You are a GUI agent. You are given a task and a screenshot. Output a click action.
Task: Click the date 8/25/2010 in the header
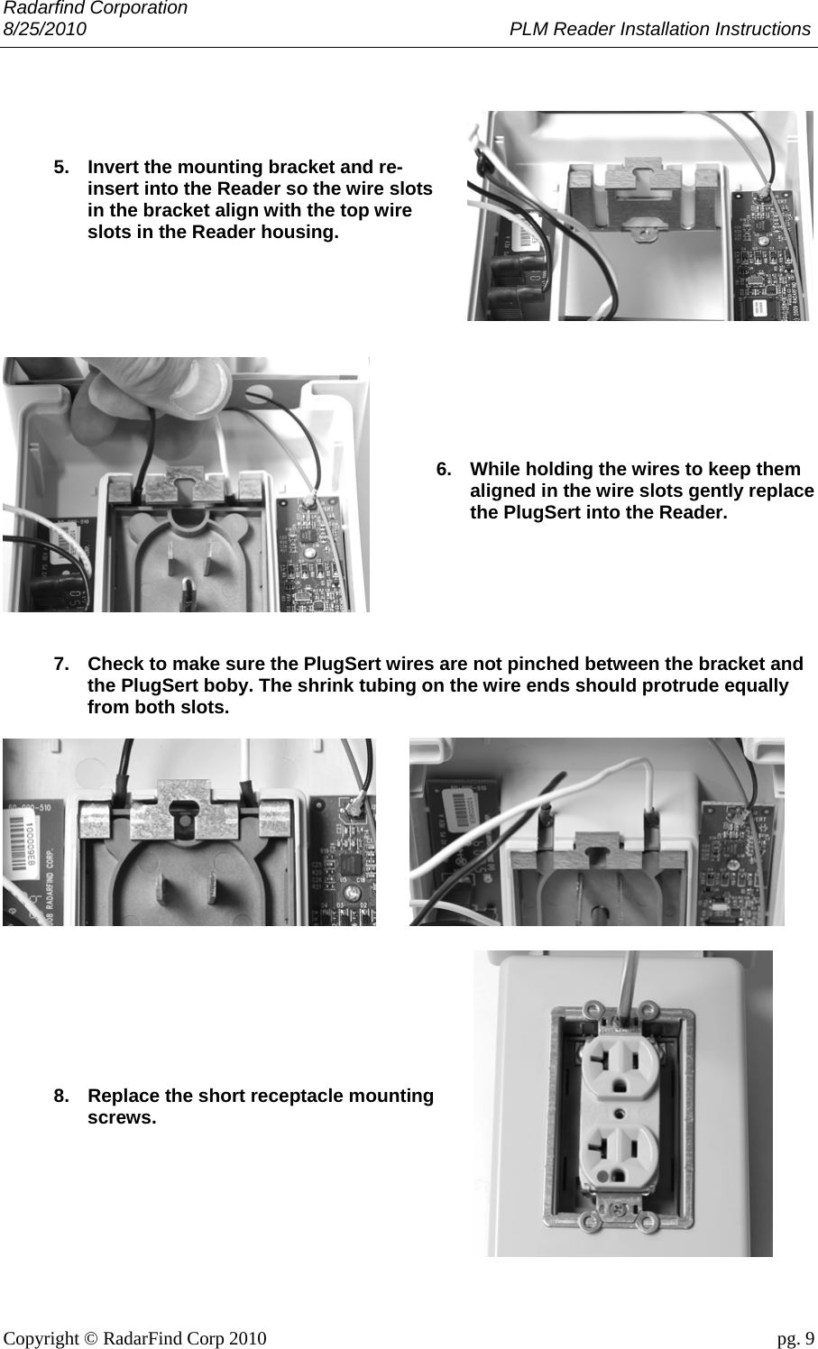45,29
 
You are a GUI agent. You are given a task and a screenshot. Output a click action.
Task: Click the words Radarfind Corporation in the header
95,8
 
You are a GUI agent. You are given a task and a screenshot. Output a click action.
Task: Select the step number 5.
61,168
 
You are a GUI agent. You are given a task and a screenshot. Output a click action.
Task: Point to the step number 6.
444,469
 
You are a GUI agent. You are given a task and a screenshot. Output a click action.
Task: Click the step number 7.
61,665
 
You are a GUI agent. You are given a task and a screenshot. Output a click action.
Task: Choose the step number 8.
61,1097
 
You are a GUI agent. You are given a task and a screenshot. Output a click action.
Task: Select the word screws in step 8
119,1118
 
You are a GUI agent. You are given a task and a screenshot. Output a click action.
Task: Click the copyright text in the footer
135,1337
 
